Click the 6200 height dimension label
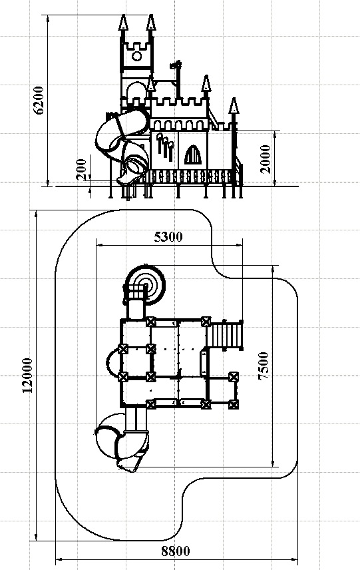click(x=39, y=100)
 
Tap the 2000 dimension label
click(x=266, y=159)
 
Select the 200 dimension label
click(x=83, y=169)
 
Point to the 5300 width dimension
click(x=168, y=237)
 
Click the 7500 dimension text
click(x=263, y=366)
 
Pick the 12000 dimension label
click(x=27, y=376)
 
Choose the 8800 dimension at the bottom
click(x=176, y=551)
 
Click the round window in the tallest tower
click(x=136, y=56)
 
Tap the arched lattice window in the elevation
click(x=192, y=155)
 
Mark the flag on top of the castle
click(x=176, y=66)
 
